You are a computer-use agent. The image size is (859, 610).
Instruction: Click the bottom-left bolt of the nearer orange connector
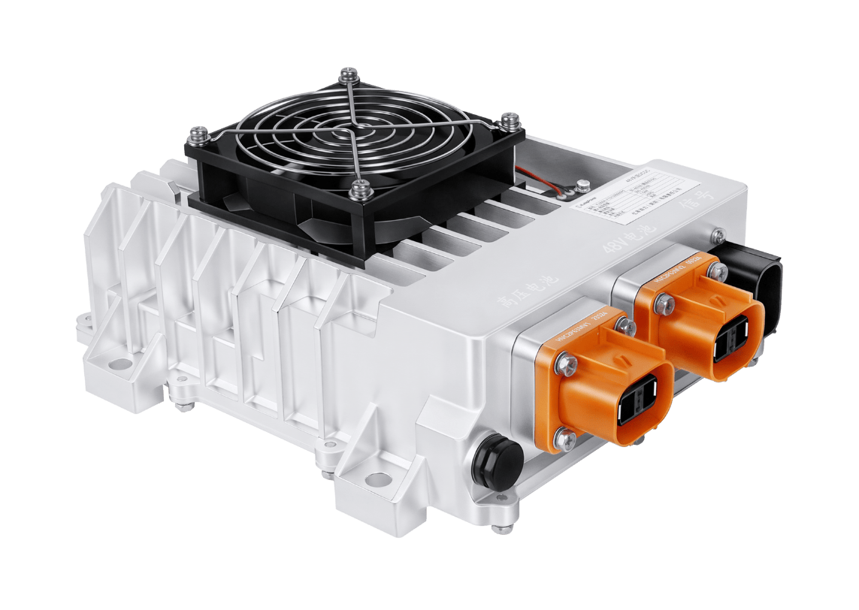561,437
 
